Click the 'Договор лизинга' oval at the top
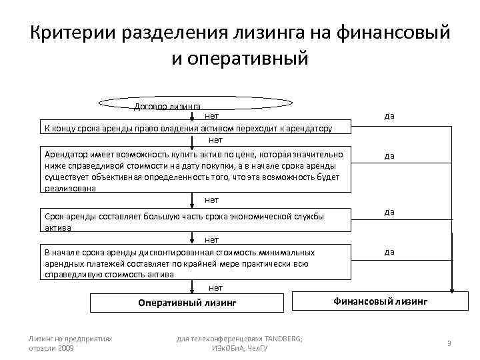click(x=195, y=103)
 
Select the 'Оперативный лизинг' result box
click(x=187, y=303)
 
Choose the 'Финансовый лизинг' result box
click(x=380, y=301)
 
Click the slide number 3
click(x=449, y=343)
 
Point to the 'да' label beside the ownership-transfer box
click(x=389, y=115)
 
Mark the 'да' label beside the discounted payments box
click(x=389, y=251)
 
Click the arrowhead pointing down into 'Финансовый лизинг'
click(x=451, y=290)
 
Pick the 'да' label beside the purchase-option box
click(x=389, y=155)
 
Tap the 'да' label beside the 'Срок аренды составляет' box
click(x=389, y=211)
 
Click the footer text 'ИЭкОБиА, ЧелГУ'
click(x=239, y=348)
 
